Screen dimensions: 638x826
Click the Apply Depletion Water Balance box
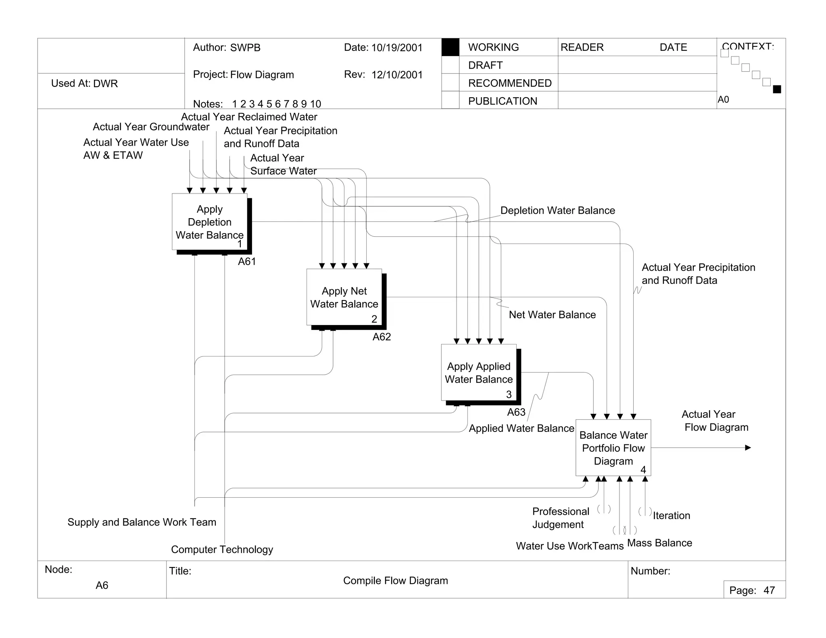209,222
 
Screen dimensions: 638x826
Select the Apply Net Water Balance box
344,297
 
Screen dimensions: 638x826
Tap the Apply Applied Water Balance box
479,373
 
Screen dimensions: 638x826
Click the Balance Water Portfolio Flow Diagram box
613,448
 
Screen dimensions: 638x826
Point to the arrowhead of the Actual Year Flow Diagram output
748,448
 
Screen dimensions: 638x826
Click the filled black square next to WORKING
450,47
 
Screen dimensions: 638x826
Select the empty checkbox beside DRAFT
450,65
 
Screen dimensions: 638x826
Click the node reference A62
382,337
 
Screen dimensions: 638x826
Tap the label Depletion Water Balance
557,211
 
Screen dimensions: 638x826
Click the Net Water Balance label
552,315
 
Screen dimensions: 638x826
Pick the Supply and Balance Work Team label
142,522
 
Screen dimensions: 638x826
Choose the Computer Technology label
222,549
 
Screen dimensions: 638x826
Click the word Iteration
672,515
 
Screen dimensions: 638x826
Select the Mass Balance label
659,543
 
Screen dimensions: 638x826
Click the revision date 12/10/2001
397,75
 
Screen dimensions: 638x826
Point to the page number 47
769,590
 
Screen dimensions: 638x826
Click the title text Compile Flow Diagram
395,581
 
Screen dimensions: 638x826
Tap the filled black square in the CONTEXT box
777,90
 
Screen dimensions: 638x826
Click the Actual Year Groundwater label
151,127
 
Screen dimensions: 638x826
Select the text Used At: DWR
84,83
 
